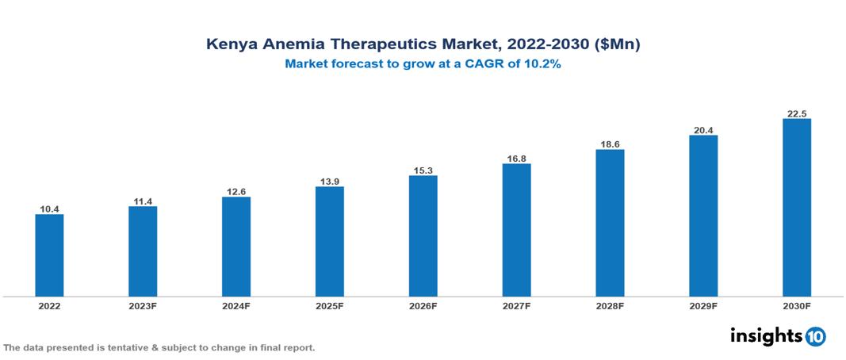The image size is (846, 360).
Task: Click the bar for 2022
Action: [x=49, y=255]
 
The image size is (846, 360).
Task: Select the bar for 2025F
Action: [x=329, y=242]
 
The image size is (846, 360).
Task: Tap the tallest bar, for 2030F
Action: [x=796, y=208]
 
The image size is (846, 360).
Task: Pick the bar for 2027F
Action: [x=516, y=230]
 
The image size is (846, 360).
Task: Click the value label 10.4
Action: [x=49, y=209]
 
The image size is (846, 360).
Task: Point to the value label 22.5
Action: [x=796, y=113]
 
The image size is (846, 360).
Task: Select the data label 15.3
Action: [x=423, y=170]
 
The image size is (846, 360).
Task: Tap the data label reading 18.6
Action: [x=610, y=144]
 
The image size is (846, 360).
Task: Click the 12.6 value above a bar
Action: [x=236, y=191]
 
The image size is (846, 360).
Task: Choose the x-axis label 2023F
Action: [x=143, y=306]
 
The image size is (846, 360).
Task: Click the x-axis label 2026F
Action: [x=423, y=306]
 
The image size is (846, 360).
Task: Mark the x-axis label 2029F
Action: [x=703, y=306]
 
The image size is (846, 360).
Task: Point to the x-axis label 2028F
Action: [x=610, y=306]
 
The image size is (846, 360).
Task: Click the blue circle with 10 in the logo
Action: [x=815, y=336]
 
